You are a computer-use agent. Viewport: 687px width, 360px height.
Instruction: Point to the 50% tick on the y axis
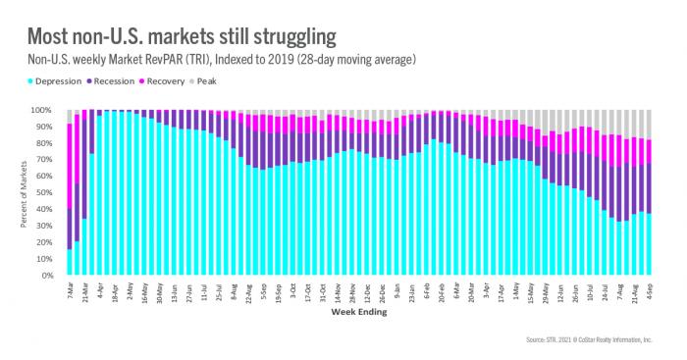click(50, 193)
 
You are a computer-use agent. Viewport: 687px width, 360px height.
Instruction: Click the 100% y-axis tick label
click(48, 110)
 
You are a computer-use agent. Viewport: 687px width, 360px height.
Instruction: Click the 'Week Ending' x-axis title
click(357, 315)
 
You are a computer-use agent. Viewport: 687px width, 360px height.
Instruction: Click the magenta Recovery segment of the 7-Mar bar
click(69, 166)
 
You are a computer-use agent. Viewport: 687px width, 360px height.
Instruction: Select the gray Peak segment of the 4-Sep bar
click(649, 125)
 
